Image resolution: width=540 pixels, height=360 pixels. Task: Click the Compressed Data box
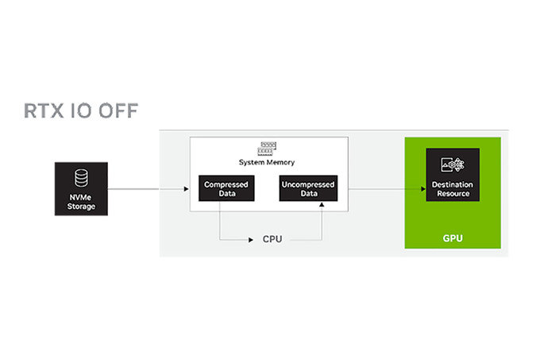pyautogui.click(x=226, y=189)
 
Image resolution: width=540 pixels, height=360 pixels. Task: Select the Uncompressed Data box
pyautogui.click(x=307, y=189)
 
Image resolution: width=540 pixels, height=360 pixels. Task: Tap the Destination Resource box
pyautogui.click(x=453, y=176)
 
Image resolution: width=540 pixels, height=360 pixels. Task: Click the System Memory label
pyautogui.click(x=267, y=162)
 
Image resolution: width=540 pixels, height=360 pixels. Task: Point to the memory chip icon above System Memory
pyautogui.click(x=267, y=149)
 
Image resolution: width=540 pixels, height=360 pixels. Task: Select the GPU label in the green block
pyautogui.click(x=453, y=238)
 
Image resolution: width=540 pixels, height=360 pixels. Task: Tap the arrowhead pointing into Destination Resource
pyautogui.click(x=422, y=189)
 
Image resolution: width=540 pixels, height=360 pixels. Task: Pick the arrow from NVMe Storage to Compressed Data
pyautogui.click(x=151, y=189)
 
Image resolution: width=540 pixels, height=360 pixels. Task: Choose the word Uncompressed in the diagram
pyautogui.click(x=307, y=184)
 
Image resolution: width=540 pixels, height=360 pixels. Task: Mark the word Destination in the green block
pyautogui.click(x=453, y=185)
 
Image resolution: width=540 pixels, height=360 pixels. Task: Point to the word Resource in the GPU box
pyautogui.click(x=453, y=193)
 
